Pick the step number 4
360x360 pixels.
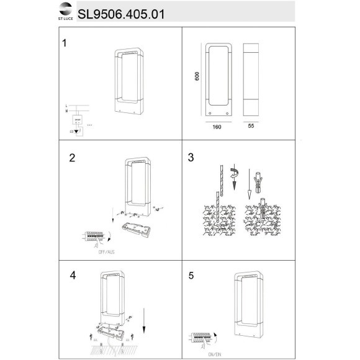point(73,274)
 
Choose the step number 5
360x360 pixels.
point(191,274)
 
